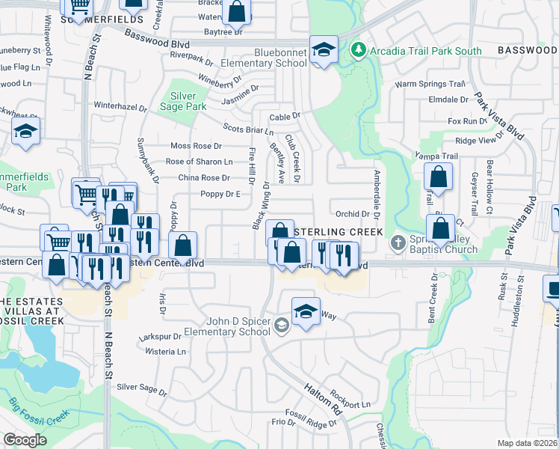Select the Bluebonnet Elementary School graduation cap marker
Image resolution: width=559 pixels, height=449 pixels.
[x=324, y=50]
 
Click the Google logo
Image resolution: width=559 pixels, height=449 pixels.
[x=25, y=440]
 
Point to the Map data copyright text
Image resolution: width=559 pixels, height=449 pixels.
[x=528, y=443]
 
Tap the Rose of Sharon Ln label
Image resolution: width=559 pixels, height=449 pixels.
[x=199, y=162]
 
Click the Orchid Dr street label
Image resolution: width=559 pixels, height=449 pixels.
[x=353, y=214]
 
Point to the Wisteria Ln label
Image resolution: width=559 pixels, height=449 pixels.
[x=166, y=351]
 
